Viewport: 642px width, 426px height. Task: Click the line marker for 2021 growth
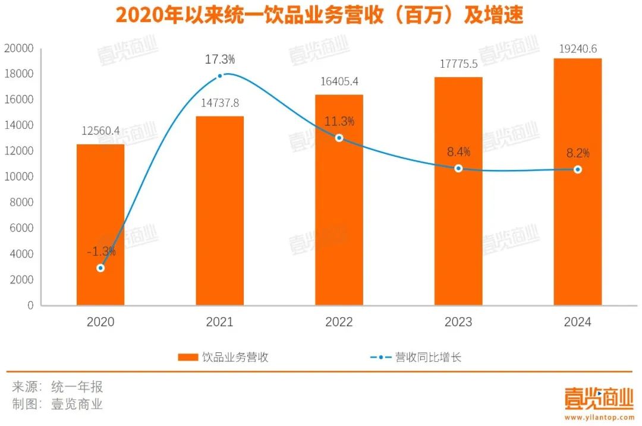[x=220, y=76]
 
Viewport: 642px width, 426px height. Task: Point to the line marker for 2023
[x=458, y=169]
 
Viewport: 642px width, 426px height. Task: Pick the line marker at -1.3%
[x=100, y=268]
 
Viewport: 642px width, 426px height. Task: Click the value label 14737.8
[x=220, y=103]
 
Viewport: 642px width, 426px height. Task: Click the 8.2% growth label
[x=577, y=153]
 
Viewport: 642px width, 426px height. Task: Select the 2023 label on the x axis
[x=458, y=322]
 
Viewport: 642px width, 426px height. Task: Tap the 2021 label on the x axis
[x=220, y=322]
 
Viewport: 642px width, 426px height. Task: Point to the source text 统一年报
[x=77, y=387]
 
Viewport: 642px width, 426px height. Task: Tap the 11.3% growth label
[x=339, y=121]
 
